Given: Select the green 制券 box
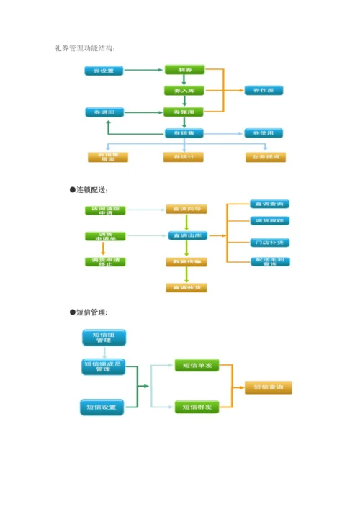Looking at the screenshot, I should click(x=185, y=70).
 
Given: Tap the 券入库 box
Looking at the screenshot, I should click(x=185, y=91).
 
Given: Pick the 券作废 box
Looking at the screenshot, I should click(x=264, y=91).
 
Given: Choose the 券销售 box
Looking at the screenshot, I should click(x=185, y=133).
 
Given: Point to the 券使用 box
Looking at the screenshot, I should click(x=264, y=133).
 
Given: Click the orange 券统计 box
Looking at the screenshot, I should click(x=184, y=157).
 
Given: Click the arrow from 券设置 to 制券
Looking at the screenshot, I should click(x=144, y=71).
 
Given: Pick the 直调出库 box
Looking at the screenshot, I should click(x=187, y=235).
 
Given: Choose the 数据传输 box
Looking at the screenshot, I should click(x=186, y=261).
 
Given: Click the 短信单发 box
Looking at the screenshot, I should click(x=197, y=366).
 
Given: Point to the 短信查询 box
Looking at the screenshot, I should click(x=269, y=387).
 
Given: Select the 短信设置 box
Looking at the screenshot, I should click(x=102, y=407).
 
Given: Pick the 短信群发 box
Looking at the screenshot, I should click(x=197, y=407).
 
